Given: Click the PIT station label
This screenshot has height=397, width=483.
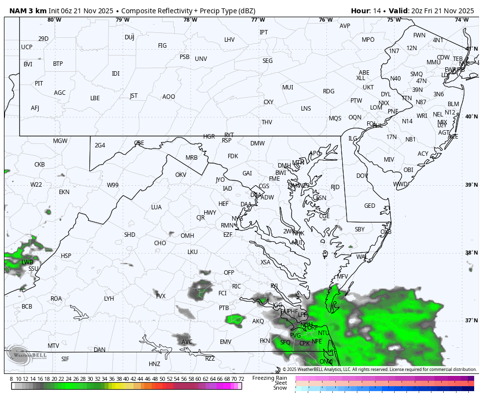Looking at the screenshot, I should [x=39, y=84].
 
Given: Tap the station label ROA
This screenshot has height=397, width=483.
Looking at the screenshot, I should [x=56, y=299].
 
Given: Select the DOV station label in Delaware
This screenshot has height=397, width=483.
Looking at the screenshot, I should [x=362, y=176].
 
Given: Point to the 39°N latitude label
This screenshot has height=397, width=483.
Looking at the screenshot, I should [x=471, y=185].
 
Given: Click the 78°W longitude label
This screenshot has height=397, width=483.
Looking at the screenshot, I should [x=190, y=20].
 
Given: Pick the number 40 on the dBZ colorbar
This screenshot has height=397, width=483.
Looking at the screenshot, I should [x=126, y=379].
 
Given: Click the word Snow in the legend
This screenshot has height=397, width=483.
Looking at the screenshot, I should [x=280, y=388].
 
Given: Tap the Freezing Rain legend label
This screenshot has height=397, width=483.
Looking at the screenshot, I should [x=269, y=378].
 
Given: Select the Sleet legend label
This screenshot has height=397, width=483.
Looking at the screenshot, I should [x=281, y=383].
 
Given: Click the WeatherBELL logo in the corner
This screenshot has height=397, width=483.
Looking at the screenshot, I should [x=27, y=355].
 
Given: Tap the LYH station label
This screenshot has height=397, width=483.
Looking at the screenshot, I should [x=109, y=299].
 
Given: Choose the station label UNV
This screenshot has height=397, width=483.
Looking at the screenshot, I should [x=201, y=59].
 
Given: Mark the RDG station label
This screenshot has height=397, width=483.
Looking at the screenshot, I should [x=328, y=91].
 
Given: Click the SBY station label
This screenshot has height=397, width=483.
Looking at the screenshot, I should [x=360, y=229].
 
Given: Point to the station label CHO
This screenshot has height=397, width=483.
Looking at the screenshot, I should [x=160, y=243].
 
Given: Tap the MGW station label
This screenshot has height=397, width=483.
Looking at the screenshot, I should [x=60, y=141].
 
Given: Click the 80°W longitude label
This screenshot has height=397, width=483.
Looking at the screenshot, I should [x=54, y=20].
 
